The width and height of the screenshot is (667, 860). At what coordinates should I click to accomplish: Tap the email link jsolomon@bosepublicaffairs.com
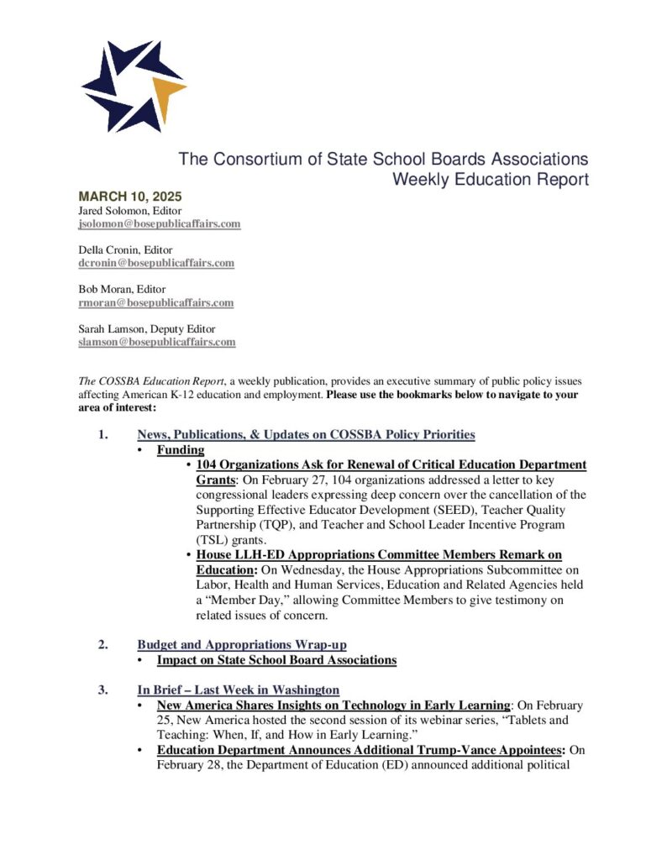tap(160, 224)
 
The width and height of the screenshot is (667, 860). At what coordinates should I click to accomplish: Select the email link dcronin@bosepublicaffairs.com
tap(156, 263)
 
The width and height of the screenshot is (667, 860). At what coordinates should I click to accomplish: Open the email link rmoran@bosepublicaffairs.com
tap(155, 302)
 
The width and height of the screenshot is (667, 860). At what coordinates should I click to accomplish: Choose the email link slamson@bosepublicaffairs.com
tap(156, 342)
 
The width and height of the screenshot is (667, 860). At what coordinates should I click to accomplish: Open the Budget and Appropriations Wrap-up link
tap(242, 645)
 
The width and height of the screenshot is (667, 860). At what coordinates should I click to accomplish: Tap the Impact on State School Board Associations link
tap(276, 660)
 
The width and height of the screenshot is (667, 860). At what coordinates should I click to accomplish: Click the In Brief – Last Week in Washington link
tap(238, 690)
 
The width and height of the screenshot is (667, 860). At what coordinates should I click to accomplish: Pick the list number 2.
tap(102, 645)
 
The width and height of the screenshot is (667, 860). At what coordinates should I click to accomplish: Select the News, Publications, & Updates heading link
tap(306, 435)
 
